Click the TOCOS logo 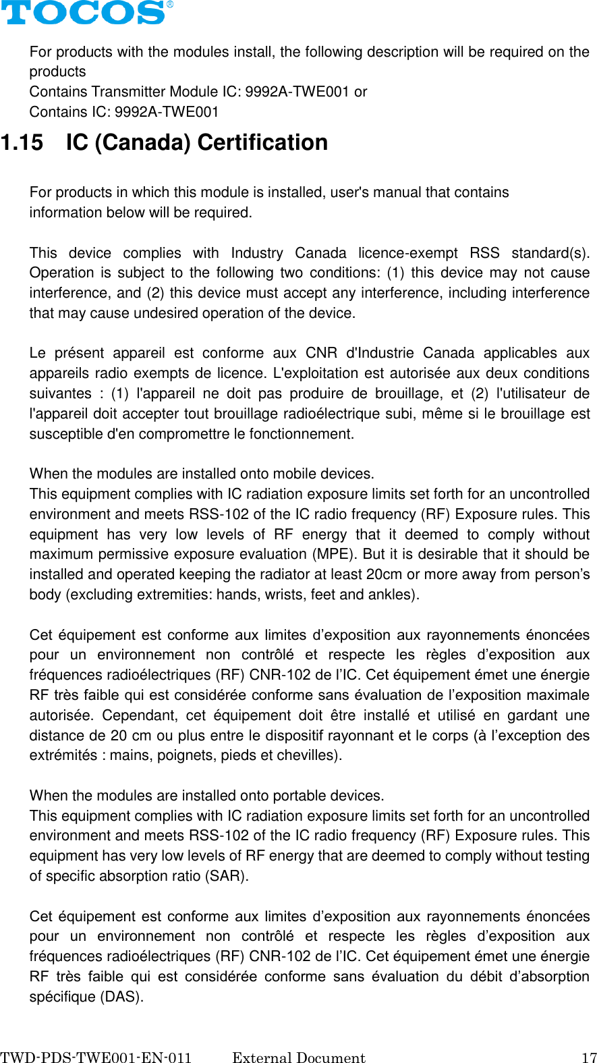click(84, 13)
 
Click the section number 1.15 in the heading click(22, 142)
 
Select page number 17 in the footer click(589, 1058)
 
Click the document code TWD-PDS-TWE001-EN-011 click(96, 1058)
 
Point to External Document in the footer click(298, 1058)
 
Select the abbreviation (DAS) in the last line click(121, 997)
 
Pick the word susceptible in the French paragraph click(66, 434)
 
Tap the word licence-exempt click(408, 253)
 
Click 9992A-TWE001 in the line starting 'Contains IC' click(167, 112)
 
